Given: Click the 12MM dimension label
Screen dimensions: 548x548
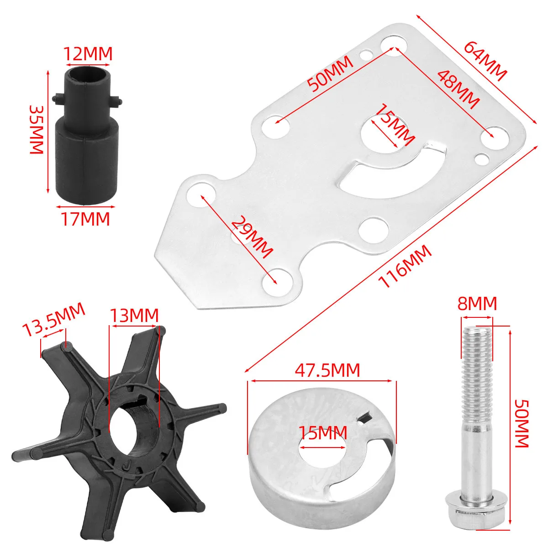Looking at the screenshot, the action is click(88, 53).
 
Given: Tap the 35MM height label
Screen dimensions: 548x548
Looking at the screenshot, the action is click(37, 130).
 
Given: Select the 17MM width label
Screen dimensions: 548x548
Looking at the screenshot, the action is click(85, 219).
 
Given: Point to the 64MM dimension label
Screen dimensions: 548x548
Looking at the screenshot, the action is click(485, 62).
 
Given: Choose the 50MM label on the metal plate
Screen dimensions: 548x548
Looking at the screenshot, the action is click(330, 74).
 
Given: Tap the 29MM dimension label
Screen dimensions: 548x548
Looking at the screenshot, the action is click(251, 237).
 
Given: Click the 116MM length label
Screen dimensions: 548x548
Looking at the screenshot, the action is click(405, 267).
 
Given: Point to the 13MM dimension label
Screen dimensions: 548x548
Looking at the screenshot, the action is click(134, 315).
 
